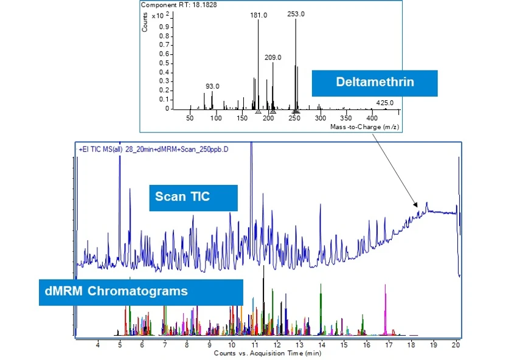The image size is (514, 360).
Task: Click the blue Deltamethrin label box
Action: (x=375, y=83)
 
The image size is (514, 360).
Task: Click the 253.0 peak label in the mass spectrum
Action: (x=296, y=15)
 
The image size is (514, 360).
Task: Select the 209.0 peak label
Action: (x=273, y=57)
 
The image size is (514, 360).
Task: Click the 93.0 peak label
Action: (x=212, y=86)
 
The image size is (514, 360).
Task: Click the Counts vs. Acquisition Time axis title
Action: (x=267, y=353)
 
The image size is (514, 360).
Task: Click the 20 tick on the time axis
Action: (x=456, y=345)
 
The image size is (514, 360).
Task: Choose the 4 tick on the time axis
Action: (x=98, y=345)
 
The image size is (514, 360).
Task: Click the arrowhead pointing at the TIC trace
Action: (x=417, y=204)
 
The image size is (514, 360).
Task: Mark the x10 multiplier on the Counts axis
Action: (x=157, y=15)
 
